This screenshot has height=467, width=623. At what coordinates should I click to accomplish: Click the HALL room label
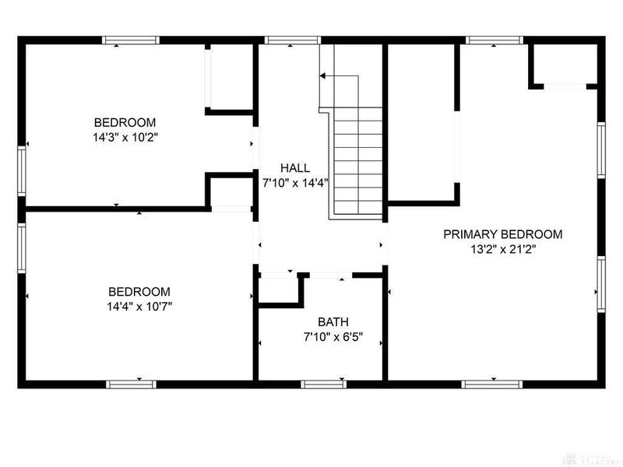(296, 167)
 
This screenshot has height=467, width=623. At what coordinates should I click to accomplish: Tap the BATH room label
(333, 322)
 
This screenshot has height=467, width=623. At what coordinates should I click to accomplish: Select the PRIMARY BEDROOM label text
(502, 234)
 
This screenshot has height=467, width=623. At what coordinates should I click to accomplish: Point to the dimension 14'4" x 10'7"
(139, 306)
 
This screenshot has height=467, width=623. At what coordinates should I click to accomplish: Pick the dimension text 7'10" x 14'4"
(296, 183)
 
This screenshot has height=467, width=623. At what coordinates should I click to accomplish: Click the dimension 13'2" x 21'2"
(502, 250)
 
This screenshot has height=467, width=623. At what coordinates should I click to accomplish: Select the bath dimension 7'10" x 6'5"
(333, 338)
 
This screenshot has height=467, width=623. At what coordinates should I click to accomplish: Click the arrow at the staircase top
(324, 76)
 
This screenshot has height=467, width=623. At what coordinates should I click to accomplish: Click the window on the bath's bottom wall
(324, 383)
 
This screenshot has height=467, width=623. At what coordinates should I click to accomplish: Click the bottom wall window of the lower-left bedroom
(131, 383)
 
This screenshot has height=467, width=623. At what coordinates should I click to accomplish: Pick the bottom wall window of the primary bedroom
(491, 383)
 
